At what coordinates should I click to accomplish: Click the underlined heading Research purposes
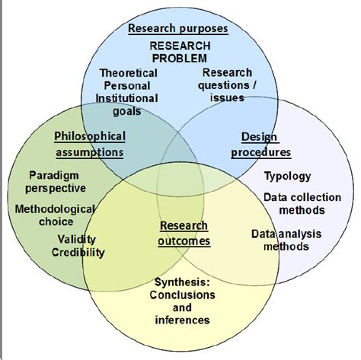(178, 28)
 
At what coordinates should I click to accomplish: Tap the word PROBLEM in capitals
(180, 59)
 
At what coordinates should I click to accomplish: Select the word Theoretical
(129, 73)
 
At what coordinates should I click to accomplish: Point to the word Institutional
(126, 98)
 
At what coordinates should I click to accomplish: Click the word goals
(127, 112)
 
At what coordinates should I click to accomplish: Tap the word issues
(227, 98)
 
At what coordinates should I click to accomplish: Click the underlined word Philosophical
(90, 136)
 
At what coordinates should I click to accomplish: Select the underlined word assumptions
(90, 152)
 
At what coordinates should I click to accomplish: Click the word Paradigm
(54, 176)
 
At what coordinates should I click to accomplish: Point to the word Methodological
(55, 209)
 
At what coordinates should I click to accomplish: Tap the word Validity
(77, 240)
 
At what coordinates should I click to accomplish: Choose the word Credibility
(78, 253)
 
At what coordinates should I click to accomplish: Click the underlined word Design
(259, 137)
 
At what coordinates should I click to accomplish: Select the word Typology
(288, 177)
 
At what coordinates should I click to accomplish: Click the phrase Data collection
(302, 197)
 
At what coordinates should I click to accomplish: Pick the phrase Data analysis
(286, 234)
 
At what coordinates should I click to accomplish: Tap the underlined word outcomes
(184, 241)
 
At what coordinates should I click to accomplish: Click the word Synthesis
(182, 282)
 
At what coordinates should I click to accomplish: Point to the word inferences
(182, 320)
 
